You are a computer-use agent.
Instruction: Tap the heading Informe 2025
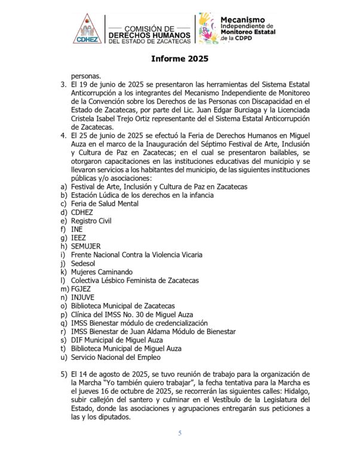[x=180, y=60]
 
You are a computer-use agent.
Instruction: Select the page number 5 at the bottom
[x=180, y=433]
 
